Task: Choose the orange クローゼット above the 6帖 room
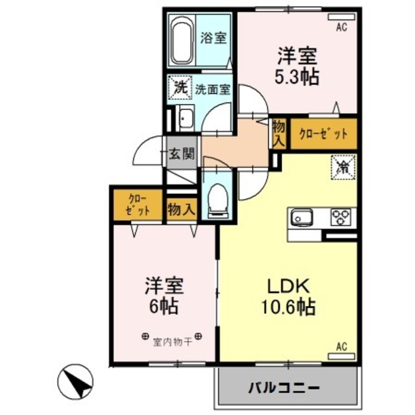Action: [136, 204]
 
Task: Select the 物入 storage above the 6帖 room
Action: [181, 209]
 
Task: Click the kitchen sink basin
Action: [303, 217]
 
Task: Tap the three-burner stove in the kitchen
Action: [341, 217]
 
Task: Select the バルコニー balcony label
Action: [284, 388]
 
